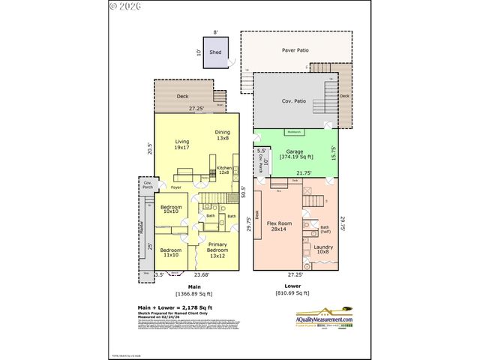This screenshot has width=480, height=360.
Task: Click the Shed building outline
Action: coord(215,53)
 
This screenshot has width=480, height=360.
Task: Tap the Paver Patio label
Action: coord(296,51)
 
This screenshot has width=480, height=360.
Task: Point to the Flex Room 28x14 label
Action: coord(279,226)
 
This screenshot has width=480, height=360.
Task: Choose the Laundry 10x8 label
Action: coord(324,250)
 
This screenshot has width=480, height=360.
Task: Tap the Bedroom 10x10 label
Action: coord(170,208)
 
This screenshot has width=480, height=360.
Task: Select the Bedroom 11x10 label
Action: coord(170,253)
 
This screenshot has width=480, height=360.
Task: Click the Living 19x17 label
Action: coord(182,145)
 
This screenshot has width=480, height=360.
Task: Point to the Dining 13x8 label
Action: coord(223,136)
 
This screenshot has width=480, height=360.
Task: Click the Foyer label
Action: coord(176,187)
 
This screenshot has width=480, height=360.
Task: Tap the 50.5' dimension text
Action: coord(243,192)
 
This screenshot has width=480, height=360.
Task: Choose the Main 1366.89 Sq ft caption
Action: coord(194,289)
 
